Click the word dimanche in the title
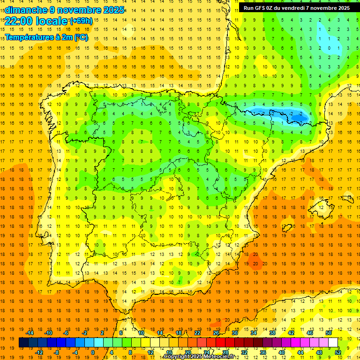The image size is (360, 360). click(24, 10)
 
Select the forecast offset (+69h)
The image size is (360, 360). click(81, 21)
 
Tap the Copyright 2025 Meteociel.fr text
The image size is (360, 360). click(199, 357)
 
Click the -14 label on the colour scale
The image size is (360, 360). click(30, 333)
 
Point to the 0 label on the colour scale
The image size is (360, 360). click(93, 352)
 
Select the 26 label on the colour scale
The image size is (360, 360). click(216, 333)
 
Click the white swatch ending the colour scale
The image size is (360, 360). click(333, 343)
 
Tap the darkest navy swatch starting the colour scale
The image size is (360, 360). click(23, 343)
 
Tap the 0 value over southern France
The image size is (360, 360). click(330, 48)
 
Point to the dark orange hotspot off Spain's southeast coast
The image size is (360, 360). click(255, 259)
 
